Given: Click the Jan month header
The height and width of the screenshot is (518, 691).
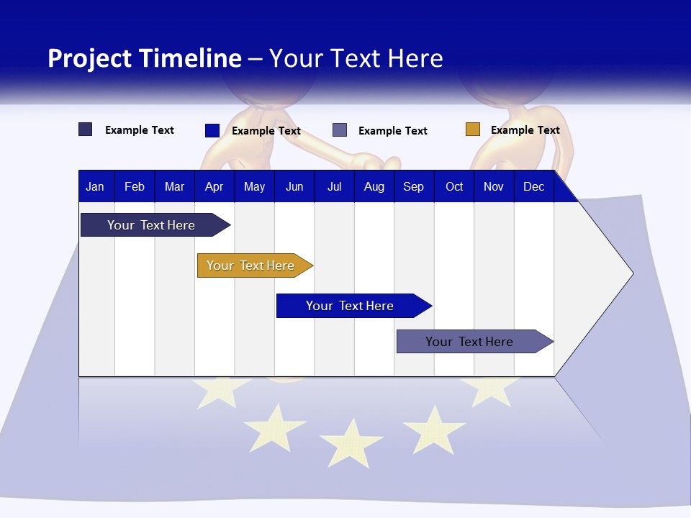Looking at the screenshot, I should tap(95, 186).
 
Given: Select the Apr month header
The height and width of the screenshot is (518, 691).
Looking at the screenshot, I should tap(214, 186).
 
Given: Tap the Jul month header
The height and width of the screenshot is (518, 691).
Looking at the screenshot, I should tap(334, 186).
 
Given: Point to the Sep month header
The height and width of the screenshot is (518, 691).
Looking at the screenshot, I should tap(413, 186).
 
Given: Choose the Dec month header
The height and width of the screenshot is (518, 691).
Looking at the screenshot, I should tap(533, 186).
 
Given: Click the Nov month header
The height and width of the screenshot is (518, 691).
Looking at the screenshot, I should tap(493, 186).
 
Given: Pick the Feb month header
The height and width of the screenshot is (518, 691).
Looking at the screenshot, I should tap(135, 186).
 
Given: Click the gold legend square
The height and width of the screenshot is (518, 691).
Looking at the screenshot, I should tap(472, 129).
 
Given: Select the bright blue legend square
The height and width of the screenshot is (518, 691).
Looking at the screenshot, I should tap(212, 130).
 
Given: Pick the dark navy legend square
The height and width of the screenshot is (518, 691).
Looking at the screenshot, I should tap(85, 129).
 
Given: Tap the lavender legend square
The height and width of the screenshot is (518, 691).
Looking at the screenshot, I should tap(340, 130).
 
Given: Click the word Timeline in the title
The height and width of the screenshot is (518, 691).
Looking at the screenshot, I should tap(189, 58).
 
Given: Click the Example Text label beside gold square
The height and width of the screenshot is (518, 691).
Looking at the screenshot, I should tap(525, 129).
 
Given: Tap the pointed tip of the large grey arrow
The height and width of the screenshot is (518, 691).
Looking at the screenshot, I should tap(631, 273).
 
